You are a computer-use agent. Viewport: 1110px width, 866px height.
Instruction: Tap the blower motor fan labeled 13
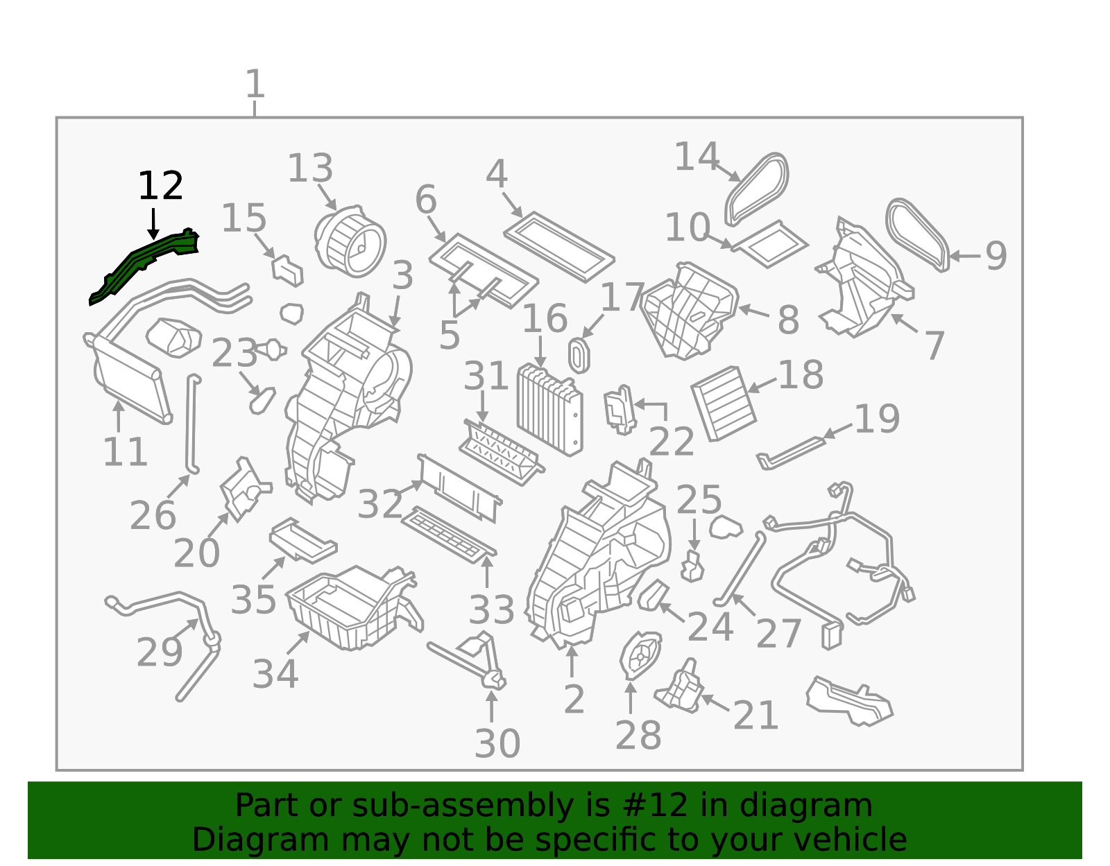point(350,241)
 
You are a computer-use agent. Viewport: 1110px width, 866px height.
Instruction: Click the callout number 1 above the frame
point(255,84)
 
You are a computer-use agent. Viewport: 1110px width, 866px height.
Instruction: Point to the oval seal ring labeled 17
point(579,355)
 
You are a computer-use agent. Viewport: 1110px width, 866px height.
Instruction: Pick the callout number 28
point(638,736)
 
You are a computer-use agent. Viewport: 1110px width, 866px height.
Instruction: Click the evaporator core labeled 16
point(549,410)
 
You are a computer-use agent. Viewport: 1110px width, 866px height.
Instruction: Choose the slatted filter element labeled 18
point(723,403)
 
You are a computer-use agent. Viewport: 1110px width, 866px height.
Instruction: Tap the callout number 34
point(275,674)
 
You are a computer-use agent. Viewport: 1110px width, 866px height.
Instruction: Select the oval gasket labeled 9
point(918,234)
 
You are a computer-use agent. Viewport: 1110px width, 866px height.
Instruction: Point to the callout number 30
point(497,743)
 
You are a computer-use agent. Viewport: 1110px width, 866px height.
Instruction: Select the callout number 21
point(755,715)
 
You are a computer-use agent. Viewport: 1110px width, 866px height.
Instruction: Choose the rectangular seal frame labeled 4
point(559,246)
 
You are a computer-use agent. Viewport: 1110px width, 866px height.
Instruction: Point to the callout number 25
point(699,499)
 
